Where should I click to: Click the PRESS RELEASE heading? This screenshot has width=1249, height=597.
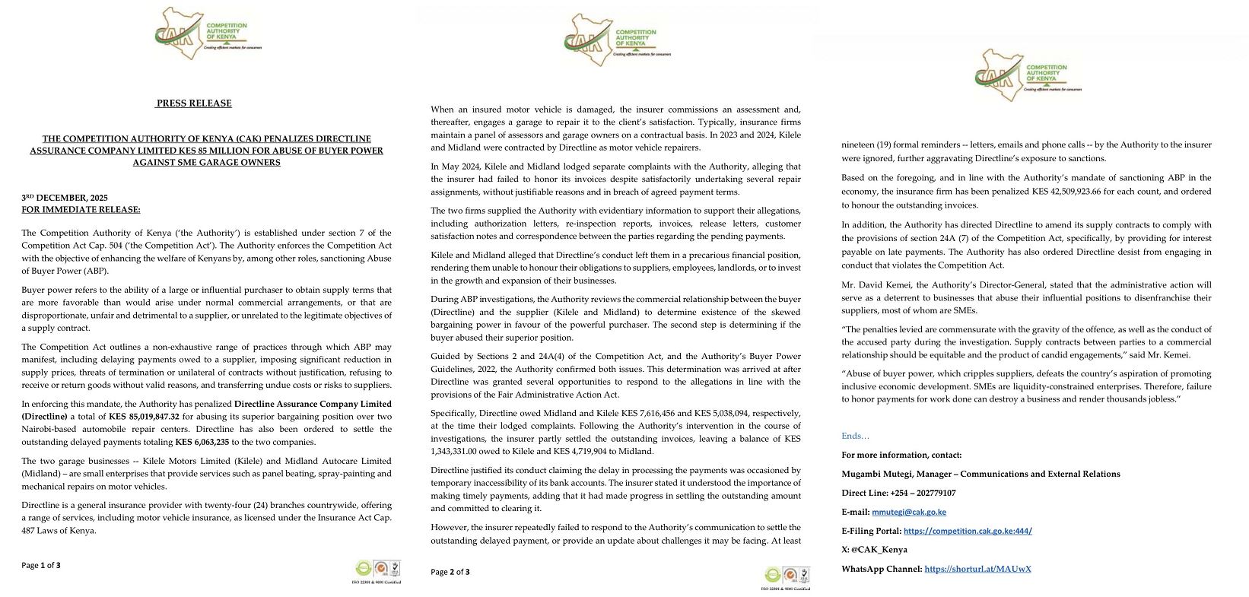point(194,103)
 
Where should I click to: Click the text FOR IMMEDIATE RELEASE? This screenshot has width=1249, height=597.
point(81,210)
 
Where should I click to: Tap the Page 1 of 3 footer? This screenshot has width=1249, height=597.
point(41,565)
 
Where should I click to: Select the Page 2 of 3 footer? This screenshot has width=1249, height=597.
point(450,571)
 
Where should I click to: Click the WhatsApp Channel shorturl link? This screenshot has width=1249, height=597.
point(977,569)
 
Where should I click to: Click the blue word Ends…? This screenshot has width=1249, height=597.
point(855,436)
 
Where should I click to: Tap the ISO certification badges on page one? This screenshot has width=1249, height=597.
point(377,570)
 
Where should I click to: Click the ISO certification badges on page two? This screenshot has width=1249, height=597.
point(787,577)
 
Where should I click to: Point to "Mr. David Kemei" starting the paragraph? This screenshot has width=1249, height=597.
point(872,285)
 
